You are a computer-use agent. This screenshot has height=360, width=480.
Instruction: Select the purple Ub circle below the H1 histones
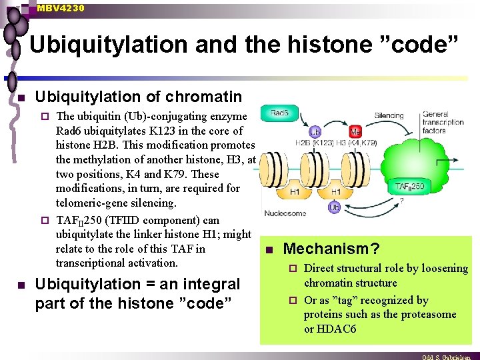click(x=335, y=209)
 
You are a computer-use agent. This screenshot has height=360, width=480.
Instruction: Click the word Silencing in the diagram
click(x=389, y=115)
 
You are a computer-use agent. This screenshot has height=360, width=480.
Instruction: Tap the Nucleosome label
click(x=285, y=213)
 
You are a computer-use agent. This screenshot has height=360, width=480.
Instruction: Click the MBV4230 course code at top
click(x=61, y=8)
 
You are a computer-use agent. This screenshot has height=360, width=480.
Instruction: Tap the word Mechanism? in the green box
click(x=331, y=249)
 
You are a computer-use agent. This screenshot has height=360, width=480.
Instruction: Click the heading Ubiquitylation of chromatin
click(x=138, y=97)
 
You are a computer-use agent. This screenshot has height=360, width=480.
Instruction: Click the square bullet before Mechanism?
click(x=269, y=251)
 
